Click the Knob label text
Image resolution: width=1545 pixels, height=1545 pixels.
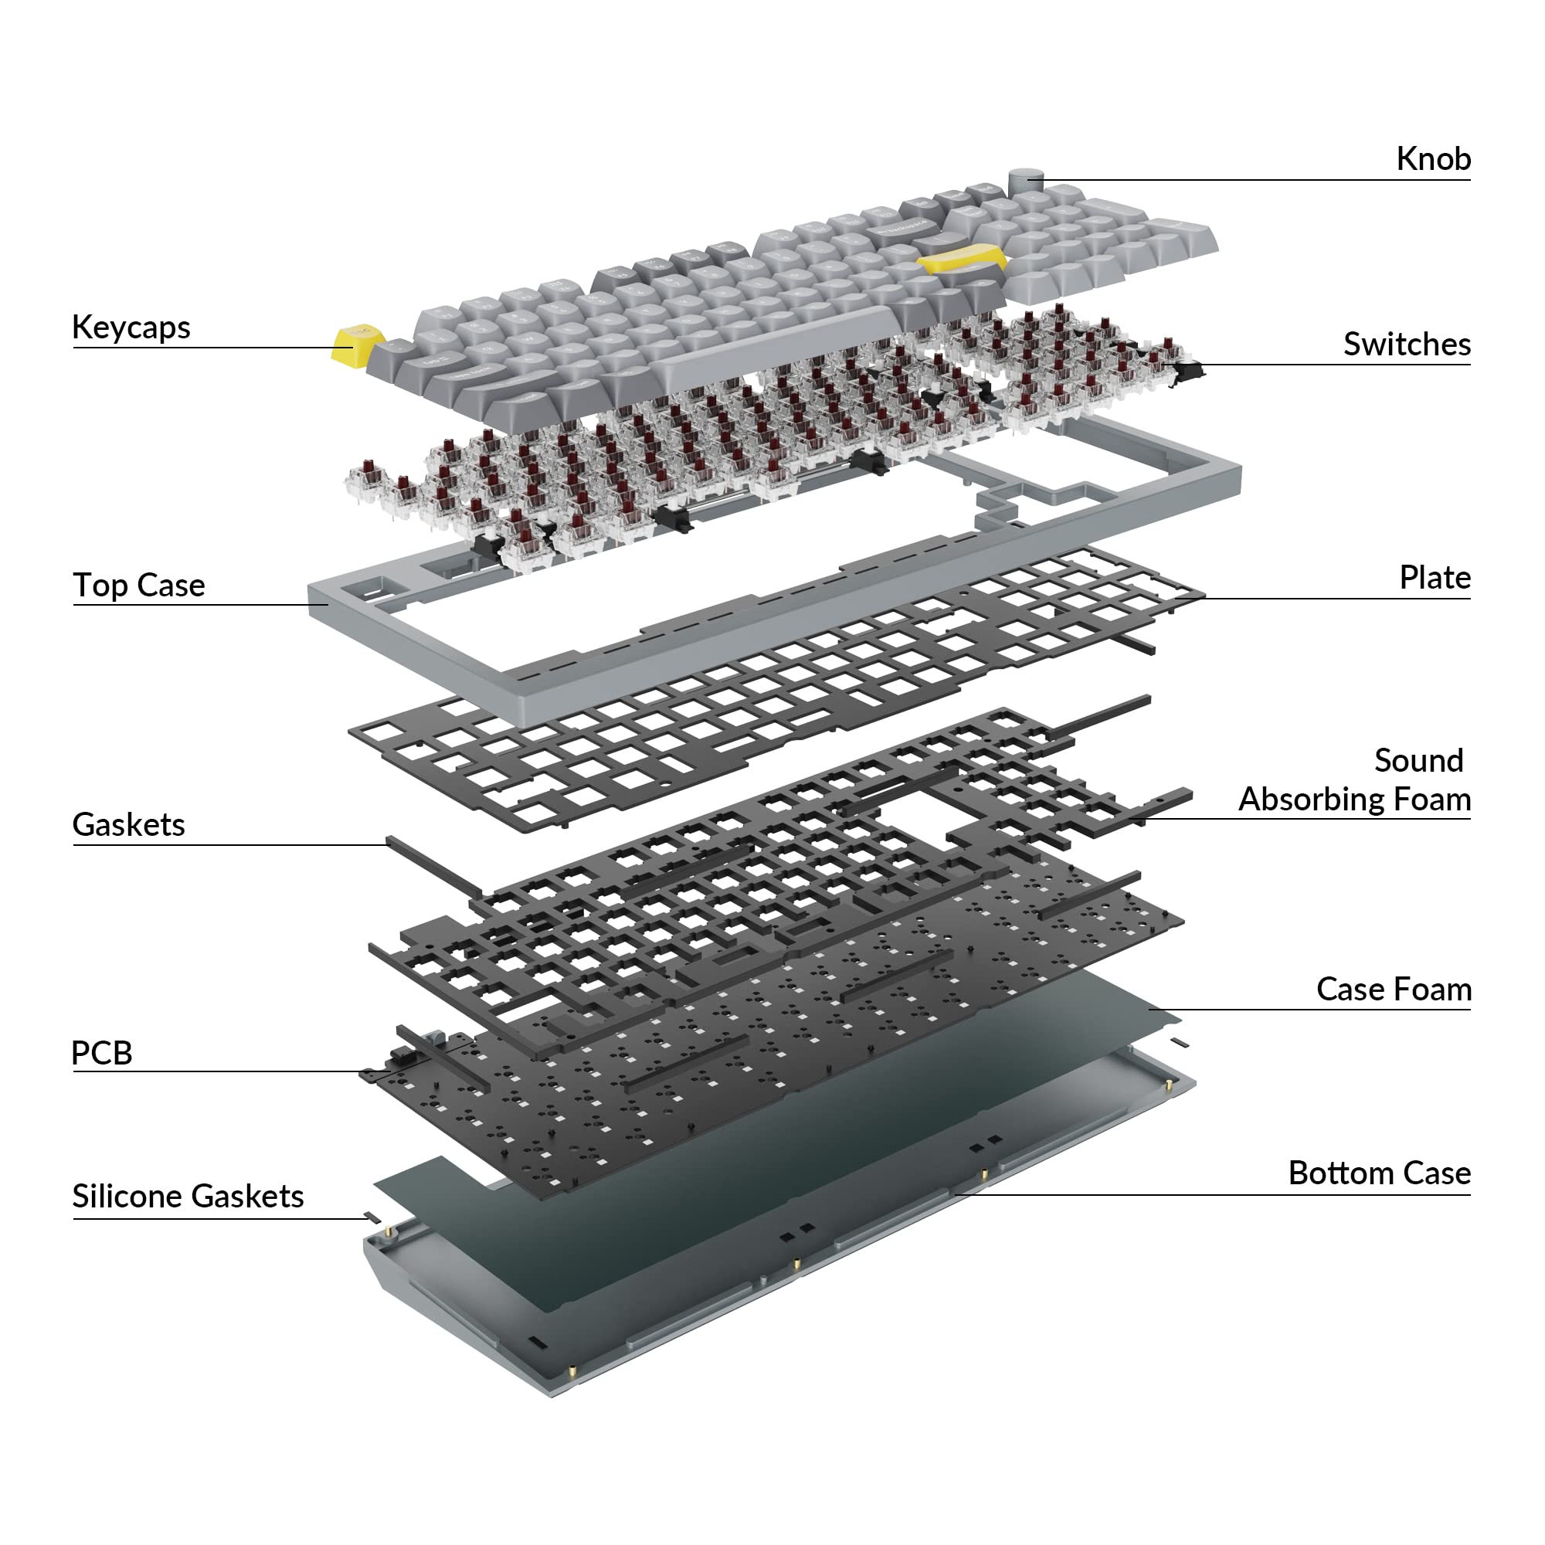point(1433,158)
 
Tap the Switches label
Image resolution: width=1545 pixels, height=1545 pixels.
point(1407,344)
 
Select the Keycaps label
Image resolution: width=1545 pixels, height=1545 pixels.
point(131,328)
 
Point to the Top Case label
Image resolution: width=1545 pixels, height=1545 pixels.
point(139,585)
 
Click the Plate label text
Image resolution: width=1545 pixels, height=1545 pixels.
point(1435,577)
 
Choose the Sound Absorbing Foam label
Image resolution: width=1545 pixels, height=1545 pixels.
point(1355,779)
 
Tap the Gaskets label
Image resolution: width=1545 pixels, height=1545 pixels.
point(129,824)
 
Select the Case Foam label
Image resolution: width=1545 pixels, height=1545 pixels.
point(1394,990)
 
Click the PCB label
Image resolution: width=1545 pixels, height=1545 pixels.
point(101,1052)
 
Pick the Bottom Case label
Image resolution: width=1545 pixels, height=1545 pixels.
point(1380,1173)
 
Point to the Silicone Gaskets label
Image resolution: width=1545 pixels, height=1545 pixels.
point(188,1197)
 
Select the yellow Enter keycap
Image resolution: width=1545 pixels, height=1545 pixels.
point(963,260)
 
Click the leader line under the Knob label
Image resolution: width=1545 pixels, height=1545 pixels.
point(1256,180)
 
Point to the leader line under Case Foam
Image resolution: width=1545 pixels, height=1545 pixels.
point(1310,1010)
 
